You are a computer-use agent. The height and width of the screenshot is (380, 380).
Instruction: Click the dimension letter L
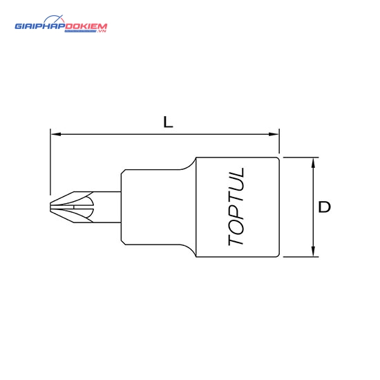tap(168, 122)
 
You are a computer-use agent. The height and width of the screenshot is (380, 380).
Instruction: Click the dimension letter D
tap(324, 207)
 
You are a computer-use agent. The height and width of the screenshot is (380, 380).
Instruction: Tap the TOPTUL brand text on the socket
tap(236, 207)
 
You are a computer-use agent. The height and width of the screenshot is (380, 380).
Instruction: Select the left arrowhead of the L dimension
tap(56, 134)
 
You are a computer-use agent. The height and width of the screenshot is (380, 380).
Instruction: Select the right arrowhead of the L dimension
tap(274, 134)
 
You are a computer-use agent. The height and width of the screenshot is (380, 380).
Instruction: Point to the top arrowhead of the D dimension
tap(314, 163)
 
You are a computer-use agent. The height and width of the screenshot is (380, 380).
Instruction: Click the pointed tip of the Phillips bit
tap(50, 207)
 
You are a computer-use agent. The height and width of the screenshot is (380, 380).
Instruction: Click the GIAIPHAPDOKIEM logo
tap(61, 24)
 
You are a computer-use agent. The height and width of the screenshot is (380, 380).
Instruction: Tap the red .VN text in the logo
tap(102, 31)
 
